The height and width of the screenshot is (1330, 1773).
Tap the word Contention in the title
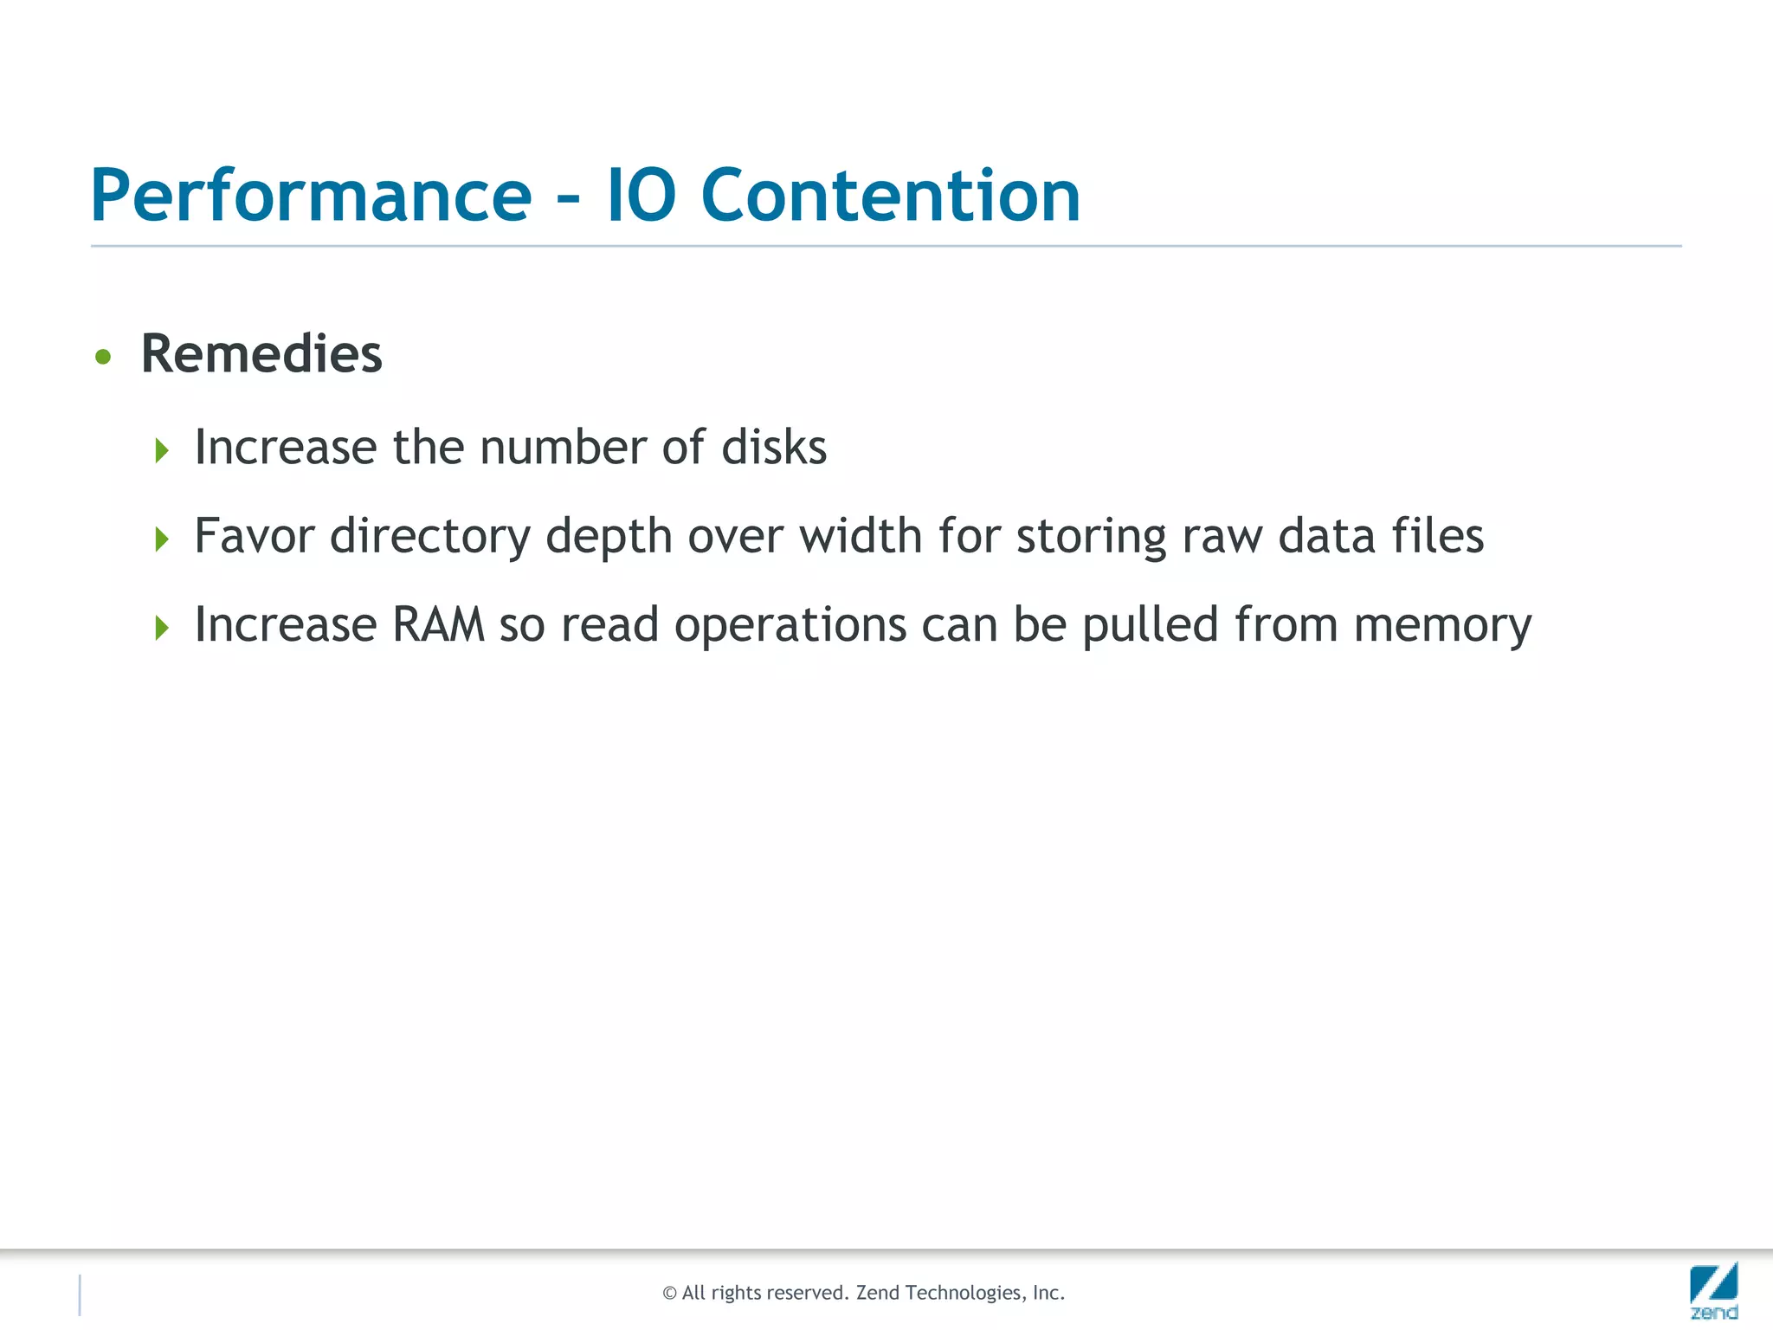pos(890,196)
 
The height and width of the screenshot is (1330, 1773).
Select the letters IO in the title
pos(641,196)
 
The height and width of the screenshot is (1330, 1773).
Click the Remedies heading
pos(261,354)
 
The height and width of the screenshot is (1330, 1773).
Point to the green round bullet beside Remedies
pos(103,357)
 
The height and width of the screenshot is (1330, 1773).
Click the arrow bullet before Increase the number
pos(161,450)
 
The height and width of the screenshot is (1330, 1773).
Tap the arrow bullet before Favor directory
pos(161,539)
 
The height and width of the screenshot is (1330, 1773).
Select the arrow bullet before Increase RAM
pos(161,628)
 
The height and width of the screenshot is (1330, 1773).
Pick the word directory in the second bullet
pos(429,537)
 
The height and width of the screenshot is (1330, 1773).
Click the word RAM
pos(437,625)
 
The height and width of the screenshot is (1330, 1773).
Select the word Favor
pos(254,536)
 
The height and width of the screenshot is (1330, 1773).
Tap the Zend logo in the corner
pos(1713,1290)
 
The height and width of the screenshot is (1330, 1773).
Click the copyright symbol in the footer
pos(669,1294)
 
